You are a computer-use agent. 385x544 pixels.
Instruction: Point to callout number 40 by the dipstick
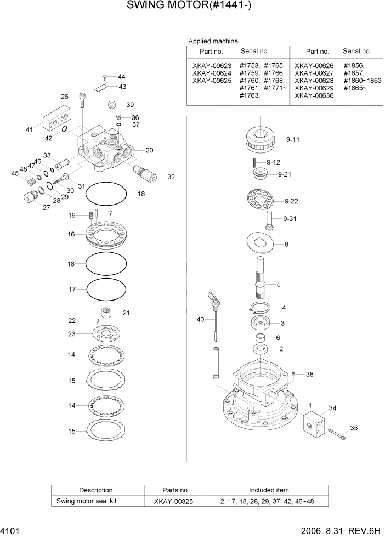pyautogui.click(x=201, y=319)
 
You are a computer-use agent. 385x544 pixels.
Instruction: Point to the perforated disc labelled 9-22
pyautogui.click(x=262, y=199)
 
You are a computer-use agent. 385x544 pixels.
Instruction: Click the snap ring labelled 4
pyautogui.click(x=261, y=308)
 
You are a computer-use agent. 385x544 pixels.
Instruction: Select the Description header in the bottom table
pyautogui.click(x=96, y=490)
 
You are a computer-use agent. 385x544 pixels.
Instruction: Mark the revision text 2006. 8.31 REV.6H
pyautogui.click(x=339, y=532)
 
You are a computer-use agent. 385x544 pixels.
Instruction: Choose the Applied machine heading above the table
pyautogui.click(x=213, y=41)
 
